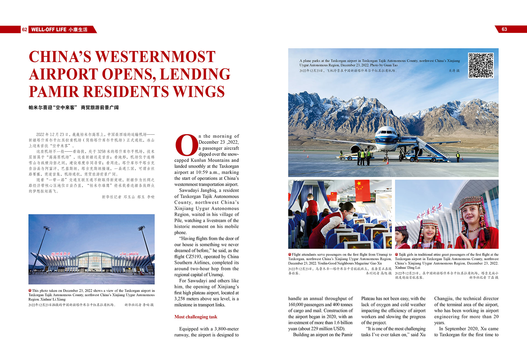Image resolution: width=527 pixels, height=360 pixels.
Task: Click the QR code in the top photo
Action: [481, 66]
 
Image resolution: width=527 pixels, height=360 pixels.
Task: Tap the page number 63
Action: [504, 29]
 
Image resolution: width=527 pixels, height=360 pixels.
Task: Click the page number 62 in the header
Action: [24, 30]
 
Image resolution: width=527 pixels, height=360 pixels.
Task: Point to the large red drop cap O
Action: [186, 145]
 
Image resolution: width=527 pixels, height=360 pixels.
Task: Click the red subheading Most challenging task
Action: [196, 317]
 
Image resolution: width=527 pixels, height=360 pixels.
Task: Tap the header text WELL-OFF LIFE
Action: [49, 30]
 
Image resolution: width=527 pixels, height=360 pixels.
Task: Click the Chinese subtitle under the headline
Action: [74, 108]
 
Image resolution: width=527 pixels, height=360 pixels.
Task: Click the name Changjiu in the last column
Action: [444, 299]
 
